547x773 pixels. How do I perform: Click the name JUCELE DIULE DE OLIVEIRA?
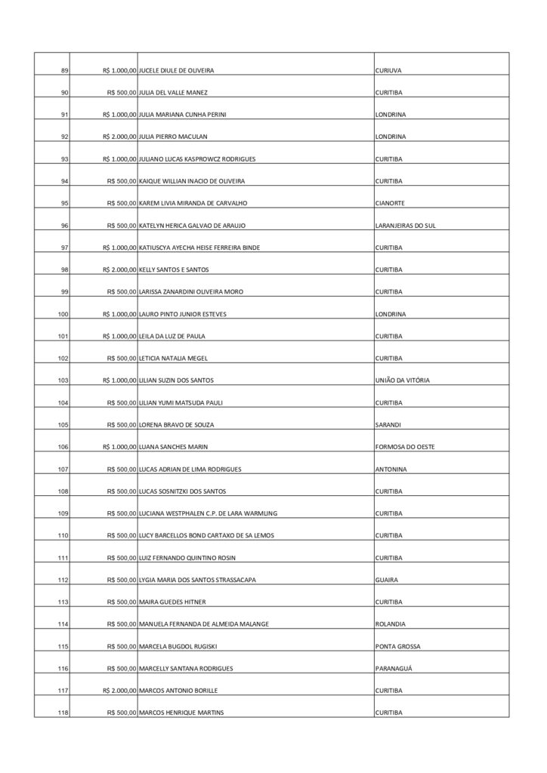coord(177,70)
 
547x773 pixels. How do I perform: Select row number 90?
coord(64,93)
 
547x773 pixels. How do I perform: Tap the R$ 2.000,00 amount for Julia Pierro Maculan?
coord(119,137)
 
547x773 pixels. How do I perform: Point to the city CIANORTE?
coord(391,203)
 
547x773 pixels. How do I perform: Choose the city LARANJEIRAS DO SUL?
coord(405,226)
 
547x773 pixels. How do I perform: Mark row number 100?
coord(63,314)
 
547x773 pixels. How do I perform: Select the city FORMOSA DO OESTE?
coord(404,447)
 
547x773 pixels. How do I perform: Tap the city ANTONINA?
coord(391,470)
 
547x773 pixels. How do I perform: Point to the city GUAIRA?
coord(387,580)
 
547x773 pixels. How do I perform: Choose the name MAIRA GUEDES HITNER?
coord(173,602)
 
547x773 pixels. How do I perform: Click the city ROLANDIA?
coord(391,624)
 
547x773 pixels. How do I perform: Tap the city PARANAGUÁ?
coord(395,669)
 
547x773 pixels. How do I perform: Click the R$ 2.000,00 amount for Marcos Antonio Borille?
coord(119,691)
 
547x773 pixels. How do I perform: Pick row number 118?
coord(63,713)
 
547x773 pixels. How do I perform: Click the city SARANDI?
coord(388,425)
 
